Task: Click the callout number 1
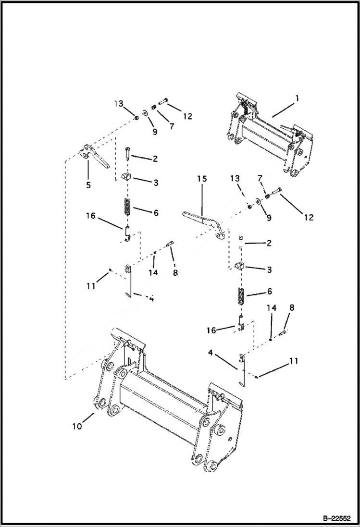point(297,98)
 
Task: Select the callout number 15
point(202,179)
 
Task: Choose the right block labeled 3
point(240,267)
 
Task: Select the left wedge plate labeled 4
point(128,281)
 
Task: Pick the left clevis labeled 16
point(127,233)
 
